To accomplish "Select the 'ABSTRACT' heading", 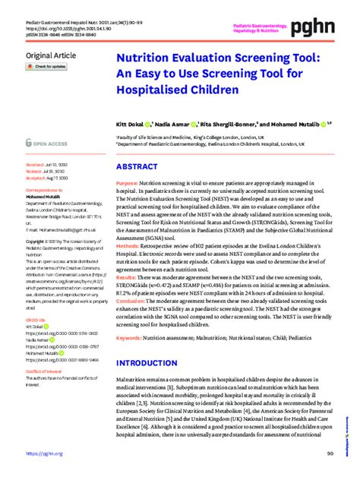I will (x=138, y=166).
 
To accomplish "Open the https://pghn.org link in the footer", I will (x=43, y=453).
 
